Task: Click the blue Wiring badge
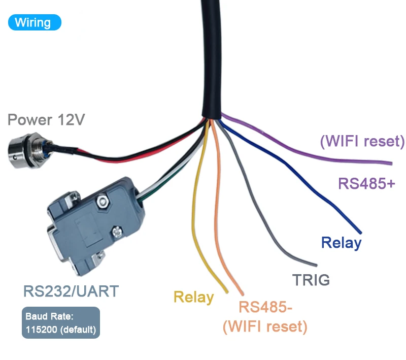[34, 22]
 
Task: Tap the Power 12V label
[46, 120]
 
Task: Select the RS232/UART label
[71, 291]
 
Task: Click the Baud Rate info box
[61, 323]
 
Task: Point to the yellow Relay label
[193, 297]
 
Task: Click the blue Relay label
[341, 243]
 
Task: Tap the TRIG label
[311, 280]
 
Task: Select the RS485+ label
[366, 183]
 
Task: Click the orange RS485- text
[266, 307]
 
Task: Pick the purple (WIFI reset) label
[362, 141]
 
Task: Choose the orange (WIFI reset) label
[265, 326]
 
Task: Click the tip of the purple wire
[391, 163]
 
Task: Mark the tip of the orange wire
[242, 295]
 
